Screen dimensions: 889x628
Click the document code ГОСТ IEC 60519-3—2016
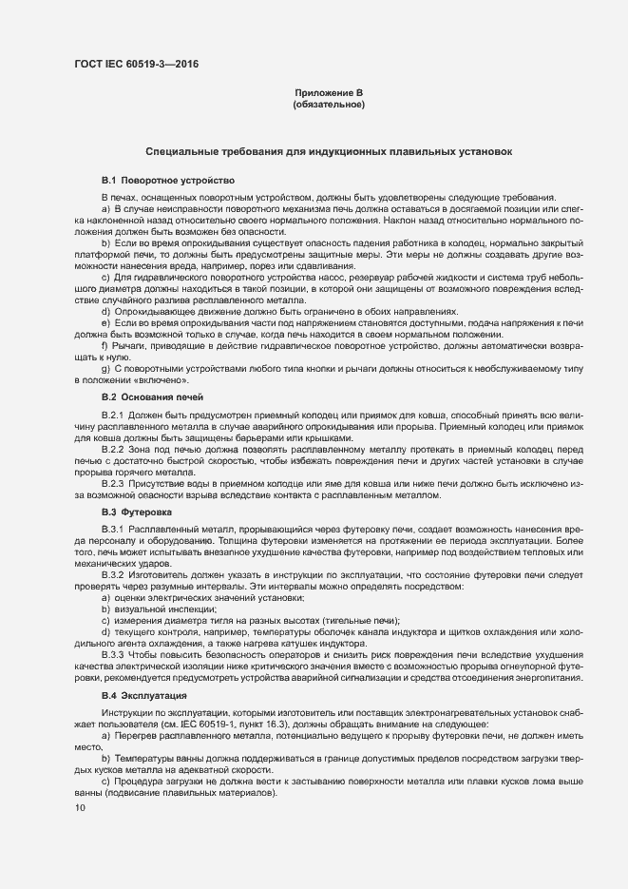(137, 65)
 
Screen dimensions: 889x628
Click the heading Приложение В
(329, 92)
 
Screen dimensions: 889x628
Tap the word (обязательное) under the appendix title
(329, 105)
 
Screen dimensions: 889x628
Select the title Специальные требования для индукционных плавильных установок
(329, 151)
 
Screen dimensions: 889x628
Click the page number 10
(79, 808)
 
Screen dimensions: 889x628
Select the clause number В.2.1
(113, 416)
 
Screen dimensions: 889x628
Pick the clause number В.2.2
(113, 448)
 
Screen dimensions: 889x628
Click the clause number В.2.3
(113, 482)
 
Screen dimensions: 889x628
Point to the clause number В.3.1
(113, 528)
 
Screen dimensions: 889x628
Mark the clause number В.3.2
(113, 575)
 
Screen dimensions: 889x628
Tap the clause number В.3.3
(113, 655)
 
